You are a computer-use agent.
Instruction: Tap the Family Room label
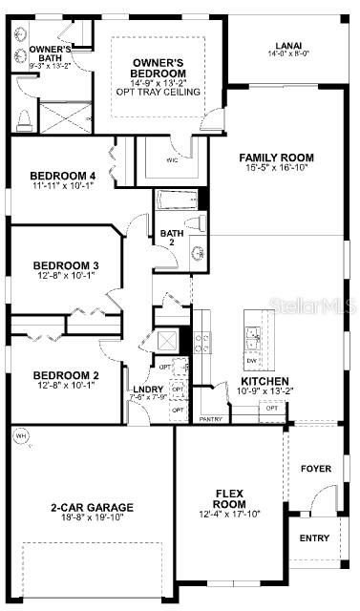tap(276, 158)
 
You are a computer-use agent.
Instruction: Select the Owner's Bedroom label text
tap(158, 66)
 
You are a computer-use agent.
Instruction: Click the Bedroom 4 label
tap(63, 176)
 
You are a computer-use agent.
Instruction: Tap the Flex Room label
tap(229, 498)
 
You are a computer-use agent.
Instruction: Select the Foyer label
tap(316, 469)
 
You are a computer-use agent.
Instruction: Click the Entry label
tap(314, 538)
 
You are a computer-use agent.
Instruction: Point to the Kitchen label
tap(258, 381)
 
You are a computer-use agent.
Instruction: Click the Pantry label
tap(210, 418)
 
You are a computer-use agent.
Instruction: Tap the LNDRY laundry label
tap(147, 390)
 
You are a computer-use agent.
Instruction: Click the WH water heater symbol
tap(21, 437)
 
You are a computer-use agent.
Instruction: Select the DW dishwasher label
tap(251, 360)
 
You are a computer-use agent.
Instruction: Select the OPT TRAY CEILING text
tap(158, 92)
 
